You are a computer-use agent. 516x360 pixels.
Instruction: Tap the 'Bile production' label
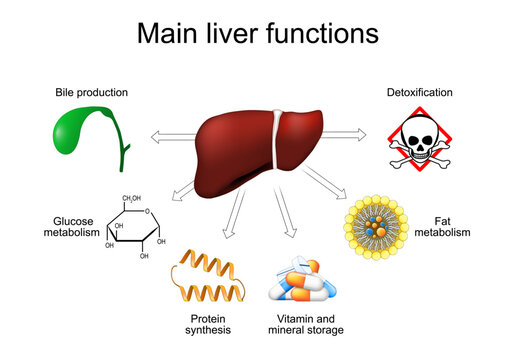point(91,93)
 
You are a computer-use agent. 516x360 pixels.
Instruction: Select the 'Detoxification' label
point(420,93)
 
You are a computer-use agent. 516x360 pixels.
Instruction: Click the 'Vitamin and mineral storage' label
point(302,323)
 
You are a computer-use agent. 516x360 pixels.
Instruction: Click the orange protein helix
point(208,276)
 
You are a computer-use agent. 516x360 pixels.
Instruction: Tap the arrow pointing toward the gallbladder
point(170,132)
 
